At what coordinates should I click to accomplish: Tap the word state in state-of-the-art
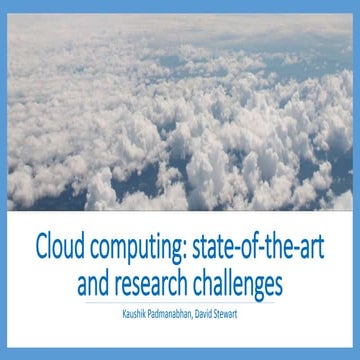[x=208, y=244]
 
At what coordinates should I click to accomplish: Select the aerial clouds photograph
[x=180, y=110]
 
